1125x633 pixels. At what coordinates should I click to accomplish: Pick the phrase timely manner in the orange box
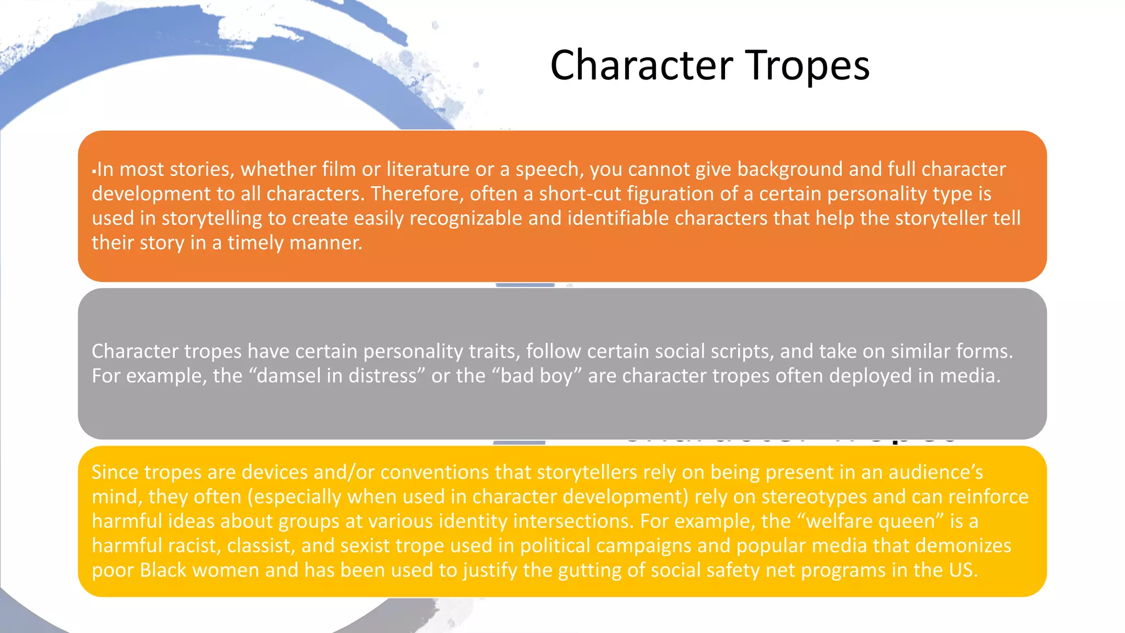tap(295, 243)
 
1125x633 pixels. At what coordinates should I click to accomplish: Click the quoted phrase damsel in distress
tap(337, 376)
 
